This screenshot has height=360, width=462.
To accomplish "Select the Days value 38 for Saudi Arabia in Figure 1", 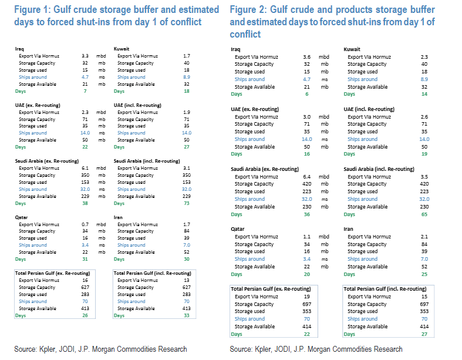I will [x=85, y=203].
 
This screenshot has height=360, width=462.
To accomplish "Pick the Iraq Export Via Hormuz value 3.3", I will [x=85, y=56].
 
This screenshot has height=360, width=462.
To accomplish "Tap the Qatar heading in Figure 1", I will [x=21, y=217].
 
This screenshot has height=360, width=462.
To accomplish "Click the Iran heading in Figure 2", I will [x=349, y=229].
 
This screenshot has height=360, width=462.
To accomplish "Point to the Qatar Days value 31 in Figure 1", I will [x=85, y=259].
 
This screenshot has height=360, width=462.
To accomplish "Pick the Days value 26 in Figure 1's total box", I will [x=85, y=315].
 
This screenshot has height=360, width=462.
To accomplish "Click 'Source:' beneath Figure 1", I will [x=26, y=349].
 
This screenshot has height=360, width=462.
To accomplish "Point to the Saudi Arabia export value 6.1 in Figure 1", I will [x=85, y=168].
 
